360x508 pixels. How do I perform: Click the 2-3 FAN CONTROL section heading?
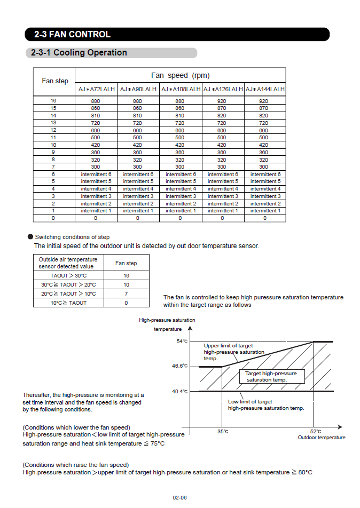coord(72,34)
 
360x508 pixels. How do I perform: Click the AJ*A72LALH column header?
coord(96,89)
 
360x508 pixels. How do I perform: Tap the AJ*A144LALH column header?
coord(264,89)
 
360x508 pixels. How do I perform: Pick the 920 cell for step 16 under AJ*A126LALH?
coord(222,101)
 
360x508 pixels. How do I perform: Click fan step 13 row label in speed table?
coord(53,123)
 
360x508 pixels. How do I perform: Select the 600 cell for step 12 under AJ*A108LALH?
coord(179,130)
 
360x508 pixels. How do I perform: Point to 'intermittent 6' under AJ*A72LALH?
coord(96,174)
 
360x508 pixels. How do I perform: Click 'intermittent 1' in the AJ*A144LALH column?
coord(264,211)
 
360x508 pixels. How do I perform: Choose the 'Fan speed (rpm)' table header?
coord(180,75)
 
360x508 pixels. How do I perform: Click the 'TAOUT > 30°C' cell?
coord(68,276)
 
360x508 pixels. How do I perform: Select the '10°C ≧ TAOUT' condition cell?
coord(68,303)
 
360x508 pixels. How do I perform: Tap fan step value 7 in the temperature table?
coord(127,294)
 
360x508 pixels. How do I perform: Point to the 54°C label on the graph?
coord(182,342)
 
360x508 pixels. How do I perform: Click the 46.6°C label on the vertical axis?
coord(179,366)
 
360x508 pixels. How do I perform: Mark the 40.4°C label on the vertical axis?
coord(179,392)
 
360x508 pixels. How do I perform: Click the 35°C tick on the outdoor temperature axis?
coord(223,432)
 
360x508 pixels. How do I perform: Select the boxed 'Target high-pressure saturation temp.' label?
coord(271,377)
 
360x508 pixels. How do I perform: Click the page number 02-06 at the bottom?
coord(179,497)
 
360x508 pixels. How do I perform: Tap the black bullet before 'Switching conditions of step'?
coord(30,236)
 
